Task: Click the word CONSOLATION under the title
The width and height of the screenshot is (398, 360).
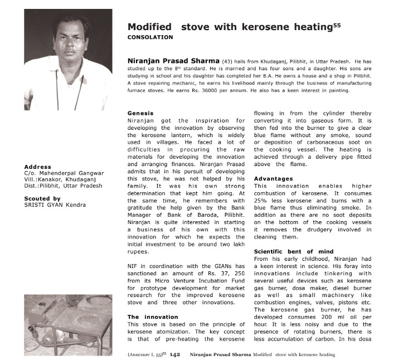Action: pyautogui.click(x=150, y=37)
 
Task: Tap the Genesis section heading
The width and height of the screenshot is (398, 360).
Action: pyautogui.click(x=140, y=113)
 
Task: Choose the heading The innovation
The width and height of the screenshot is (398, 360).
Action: pyautogui.click(x=145, y=317)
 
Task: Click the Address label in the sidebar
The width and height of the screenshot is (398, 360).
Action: pyautogui.click(x=37, y=167)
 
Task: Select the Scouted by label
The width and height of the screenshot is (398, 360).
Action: pyautogui.click(x=42, y=198)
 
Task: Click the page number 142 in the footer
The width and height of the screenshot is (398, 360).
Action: pyautogui.click(x=174, y=354)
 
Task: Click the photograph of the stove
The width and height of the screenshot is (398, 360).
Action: pyautogui.click(x=68, y=322)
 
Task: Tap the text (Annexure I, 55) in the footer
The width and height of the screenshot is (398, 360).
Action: pyautogui.click(x=147, y=354)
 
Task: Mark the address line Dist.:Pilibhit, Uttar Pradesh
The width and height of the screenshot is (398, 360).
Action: pyautogui.click(x=63, y=186)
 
